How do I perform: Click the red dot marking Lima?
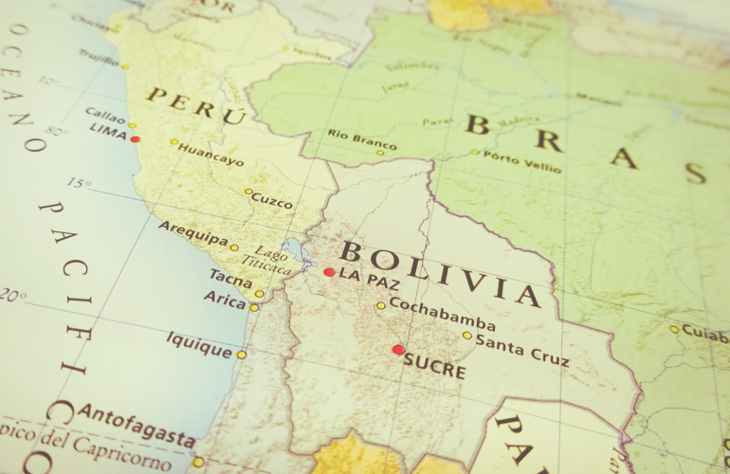136,139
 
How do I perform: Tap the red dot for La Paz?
329,272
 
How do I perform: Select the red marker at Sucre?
398,350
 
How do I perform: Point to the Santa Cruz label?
521,349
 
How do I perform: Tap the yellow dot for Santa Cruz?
466,335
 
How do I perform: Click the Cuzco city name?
273,201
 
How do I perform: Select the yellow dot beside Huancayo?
174,142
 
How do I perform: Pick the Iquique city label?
199,344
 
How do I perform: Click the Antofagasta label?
137,425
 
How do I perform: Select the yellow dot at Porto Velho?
475,152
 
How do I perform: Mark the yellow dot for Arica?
254,307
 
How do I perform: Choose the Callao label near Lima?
105,115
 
